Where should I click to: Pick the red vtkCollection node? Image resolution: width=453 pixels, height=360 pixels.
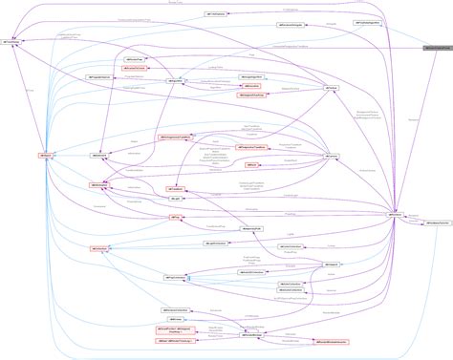point(100,248)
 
